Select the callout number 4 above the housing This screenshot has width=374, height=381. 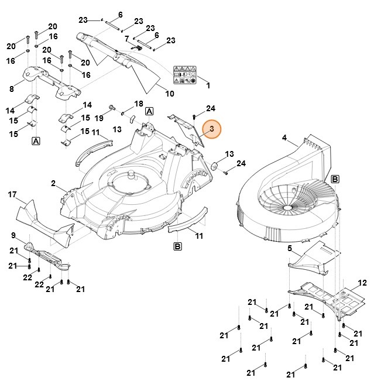pos(284,139)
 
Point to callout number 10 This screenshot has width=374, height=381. pos(170,94)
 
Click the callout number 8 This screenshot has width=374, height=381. pos(12,89)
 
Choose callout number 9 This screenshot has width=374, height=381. pos(13,236)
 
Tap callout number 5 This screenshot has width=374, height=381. pos(289,249)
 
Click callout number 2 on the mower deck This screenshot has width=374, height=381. pos(53,184)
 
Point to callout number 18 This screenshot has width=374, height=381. pos(139,104)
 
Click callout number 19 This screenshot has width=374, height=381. pos(99,118)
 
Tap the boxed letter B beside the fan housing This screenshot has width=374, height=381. pos(335,179)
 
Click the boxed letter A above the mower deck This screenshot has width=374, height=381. pos(149,111)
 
